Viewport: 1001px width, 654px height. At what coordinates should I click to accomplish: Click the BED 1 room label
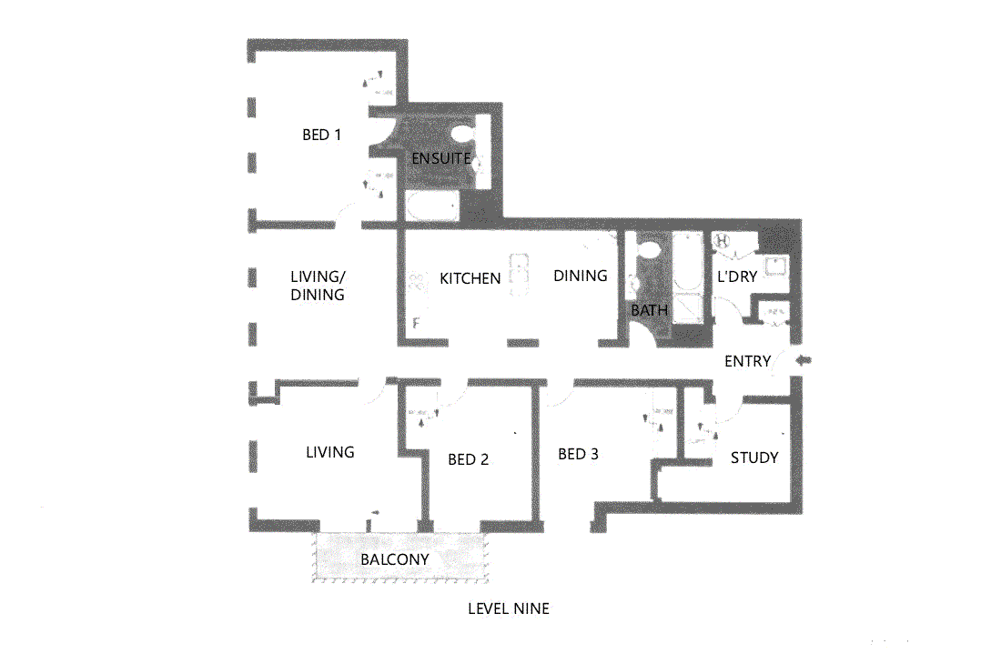pyautogui.click(x=321, y=136)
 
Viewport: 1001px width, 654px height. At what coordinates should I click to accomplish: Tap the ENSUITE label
pyautogui.click(x=440, y=158)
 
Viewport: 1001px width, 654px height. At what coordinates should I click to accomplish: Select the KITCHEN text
pyautogui.click(x=470, y=278)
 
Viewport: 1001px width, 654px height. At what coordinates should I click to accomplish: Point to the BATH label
pyautogui.click(x=650, y=310)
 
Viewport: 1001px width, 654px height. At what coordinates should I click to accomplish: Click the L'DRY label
pyautogui.click(x=737, y=277)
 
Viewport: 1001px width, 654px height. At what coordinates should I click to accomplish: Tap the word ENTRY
pyautogui.click(x=747, y=361)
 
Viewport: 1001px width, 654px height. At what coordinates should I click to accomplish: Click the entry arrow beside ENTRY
pyautogui.click(x=804, y=361)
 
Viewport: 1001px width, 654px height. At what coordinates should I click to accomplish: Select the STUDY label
pyautogui.click(x=754, y=458)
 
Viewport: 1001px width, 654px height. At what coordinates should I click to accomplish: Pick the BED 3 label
pyautogui.click(x=578, y=454)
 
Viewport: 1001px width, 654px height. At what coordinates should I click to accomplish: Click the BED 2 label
pyautogui.click(x=468, y=459)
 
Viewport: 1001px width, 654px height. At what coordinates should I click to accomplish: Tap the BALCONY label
pyautogui.click(x=394, y=558)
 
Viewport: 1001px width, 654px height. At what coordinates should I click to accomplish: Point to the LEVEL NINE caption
pyautogui.click(x=508, y=609)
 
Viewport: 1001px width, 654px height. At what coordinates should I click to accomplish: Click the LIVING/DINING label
pyautogui.click(x=318, y=286)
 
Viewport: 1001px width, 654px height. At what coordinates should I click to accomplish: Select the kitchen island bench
pyautogui.click(x=521, y=273)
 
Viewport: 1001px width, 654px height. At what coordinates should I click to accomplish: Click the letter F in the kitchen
pyautogui.click(x=416, y=323)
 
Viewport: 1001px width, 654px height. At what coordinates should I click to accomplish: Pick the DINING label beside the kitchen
pyautogui.click(x=580, y=276)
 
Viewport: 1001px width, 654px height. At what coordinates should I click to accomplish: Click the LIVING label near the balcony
pyautogui.click(x=329, y=452)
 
